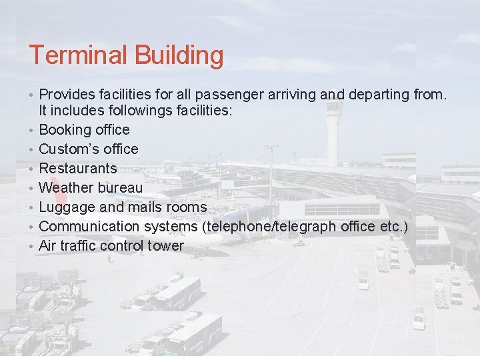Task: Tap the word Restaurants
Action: click(78, 168)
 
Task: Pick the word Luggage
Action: click(67, 207)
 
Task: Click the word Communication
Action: click(89, 226)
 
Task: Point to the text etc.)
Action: click(393, 226)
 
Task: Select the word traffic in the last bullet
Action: click(75, 245)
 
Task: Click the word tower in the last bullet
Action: click(167, 245)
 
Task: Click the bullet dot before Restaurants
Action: click(31, 169)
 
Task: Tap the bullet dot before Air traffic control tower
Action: click(31, 246)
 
